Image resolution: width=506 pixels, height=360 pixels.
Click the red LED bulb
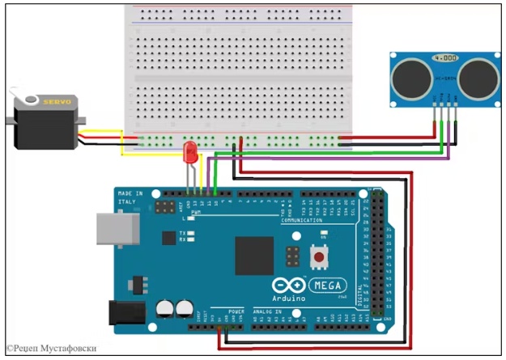pyautogui.click(x=191, y=150)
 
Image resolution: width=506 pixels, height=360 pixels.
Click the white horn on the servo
pyautogui.click(x=31, y=100)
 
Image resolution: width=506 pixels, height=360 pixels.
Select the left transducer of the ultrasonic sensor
pyautogui.click(x=409, y=77)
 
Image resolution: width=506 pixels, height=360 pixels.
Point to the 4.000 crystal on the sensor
pyautogui.click(x=443, y=59)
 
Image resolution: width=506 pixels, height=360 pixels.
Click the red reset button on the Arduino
pyautogui.click(x=319, y=257)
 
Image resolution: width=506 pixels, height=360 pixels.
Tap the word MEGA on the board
pyautogui.click(x=327, y=286)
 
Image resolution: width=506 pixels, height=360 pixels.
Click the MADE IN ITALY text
pyautogui.click(x=130, y=198)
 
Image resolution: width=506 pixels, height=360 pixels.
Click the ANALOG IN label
pyautogui.click(x=267, y=311)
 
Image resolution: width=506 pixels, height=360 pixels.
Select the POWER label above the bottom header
pyautogui.click(x=236, y=311)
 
